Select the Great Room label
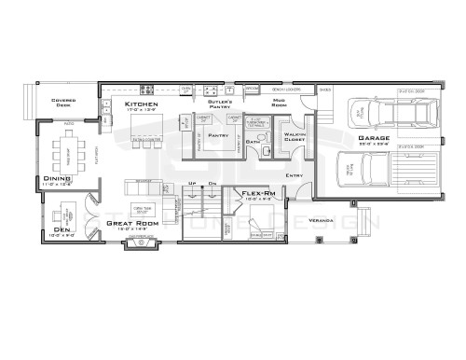click(132, 223)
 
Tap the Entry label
click(295, 174)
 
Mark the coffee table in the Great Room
click(142, 206)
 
